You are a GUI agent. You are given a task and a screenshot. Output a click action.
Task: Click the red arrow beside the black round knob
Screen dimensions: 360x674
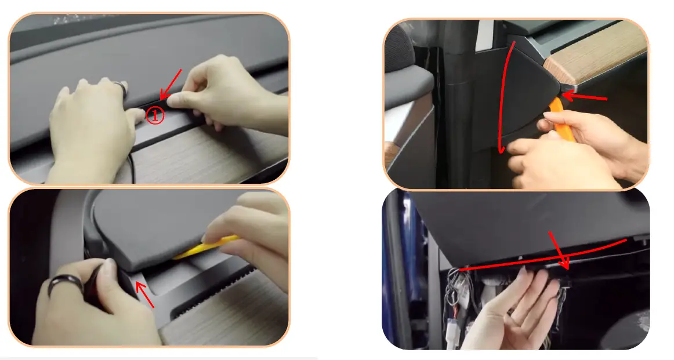point(144,294)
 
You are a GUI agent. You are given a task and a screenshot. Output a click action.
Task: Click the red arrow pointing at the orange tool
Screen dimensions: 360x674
point(583,97)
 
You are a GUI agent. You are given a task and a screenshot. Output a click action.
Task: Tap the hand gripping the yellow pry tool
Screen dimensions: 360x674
point(255,232)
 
